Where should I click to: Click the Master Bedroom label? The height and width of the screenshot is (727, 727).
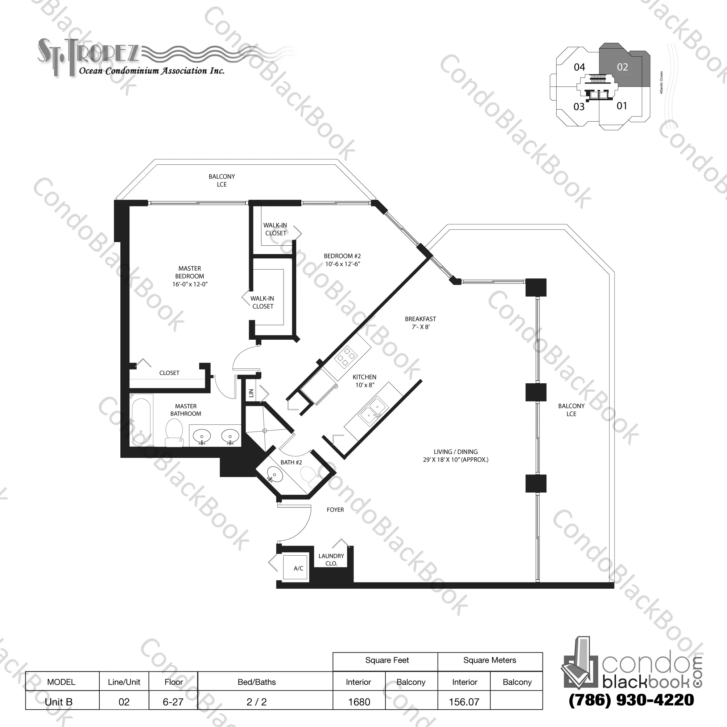pos(190,276)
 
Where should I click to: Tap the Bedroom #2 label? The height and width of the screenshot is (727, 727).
pos(342,260)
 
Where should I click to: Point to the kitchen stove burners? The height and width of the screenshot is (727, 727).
pos(346,356)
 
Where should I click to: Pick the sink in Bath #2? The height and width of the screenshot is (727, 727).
pos(274,475)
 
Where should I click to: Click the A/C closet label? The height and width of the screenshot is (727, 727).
pos(298,568)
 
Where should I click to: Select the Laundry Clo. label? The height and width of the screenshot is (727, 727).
pos(331,559)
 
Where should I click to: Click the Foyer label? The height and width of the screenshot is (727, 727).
pos(335,510)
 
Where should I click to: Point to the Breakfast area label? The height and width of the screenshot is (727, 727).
pos(420,323)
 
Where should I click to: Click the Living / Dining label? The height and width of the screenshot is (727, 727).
pos(456,456)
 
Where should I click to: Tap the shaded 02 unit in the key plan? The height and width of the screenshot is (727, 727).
pos(622,67)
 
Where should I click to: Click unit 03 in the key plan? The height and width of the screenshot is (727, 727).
pos(579,107)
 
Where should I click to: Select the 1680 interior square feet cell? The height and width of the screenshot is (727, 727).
pos(359,702)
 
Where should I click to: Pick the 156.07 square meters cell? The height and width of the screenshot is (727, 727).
pos(464,702)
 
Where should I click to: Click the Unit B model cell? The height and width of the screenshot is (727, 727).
pos(59,702)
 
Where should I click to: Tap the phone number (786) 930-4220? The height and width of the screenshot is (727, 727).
pos(631,700)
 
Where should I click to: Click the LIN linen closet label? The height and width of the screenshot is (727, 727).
pos(251,393)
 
